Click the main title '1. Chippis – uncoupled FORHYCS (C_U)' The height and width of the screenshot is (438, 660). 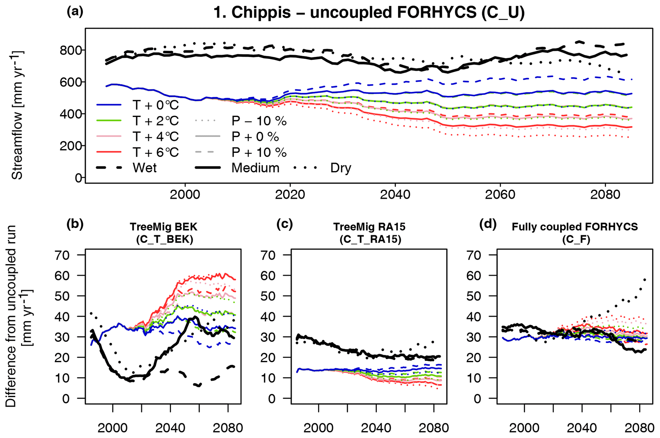[x=369, y=13]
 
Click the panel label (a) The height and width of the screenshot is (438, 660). [x=75, y=12]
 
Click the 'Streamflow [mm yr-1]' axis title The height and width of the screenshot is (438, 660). [x=17, y=115]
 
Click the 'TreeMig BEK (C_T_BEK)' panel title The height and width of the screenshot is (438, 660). [x=164, y=233]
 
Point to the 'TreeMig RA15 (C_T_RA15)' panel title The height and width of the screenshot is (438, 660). [x=369, y=233]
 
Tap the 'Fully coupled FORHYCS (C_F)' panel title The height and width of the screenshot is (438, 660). [x=575, y=233]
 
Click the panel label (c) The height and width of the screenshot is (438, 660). [x=284, y=224]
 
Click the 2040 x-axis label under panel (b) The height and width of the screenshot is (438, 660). [x=170, y=428]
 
